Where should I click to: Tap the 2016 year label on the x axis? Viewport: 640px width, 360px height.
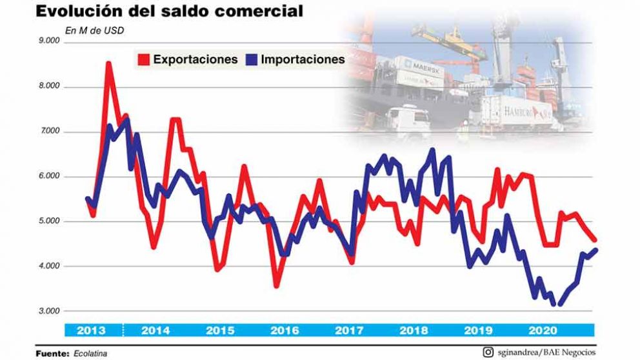click(x=285, y=331)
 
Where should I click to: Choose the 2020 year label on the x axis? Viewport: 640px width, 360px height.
click(x=544, y=331)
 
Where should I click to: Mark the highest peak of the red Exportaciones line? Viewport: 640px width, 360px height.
click(x=108, y=63)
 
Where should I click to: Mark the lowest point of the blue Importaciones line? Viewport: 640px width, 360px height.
click(x=559, y=305)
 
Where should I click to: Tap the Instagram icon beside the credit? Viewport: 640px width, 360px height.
click(x=490, y=352)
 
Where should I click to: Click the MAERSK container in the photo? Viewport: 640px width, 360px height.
click(x=419, y=66)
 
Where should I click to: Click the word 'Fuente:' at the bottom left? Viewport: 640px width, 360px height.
click(x=52, y=353)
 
